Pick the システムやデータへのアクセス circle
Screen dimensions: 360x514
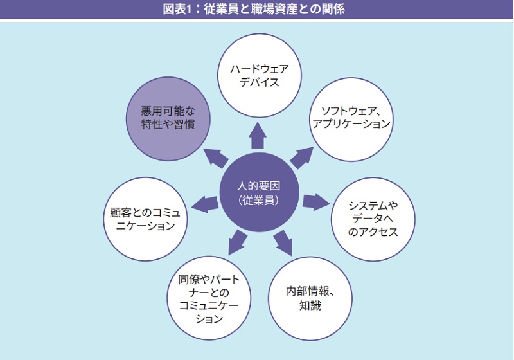pyautogui.click(x=373, y=219)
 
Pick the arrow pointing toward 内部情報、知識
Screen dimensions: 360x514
pyautogui.click(x=283, y=240)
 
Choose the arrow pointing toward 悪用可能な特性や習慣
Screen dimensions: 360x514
pyautogui.click(x=216, y=157)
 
